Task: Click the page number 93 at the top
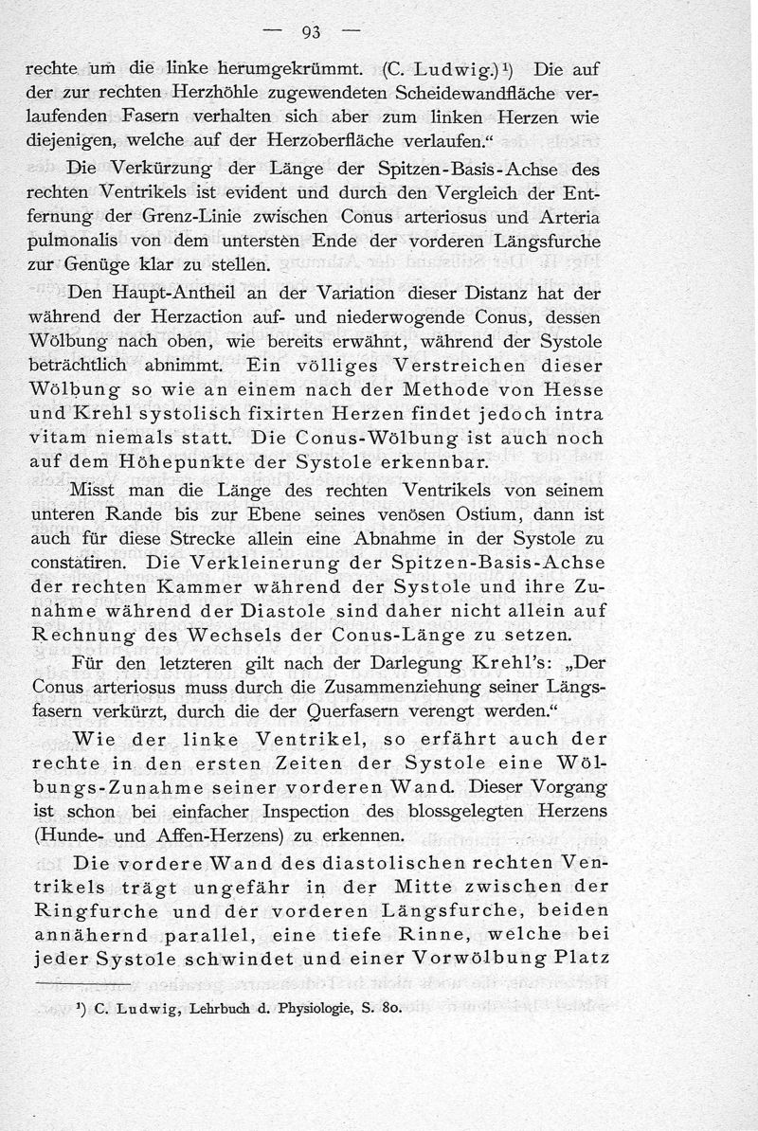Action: tap(312, 32)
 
